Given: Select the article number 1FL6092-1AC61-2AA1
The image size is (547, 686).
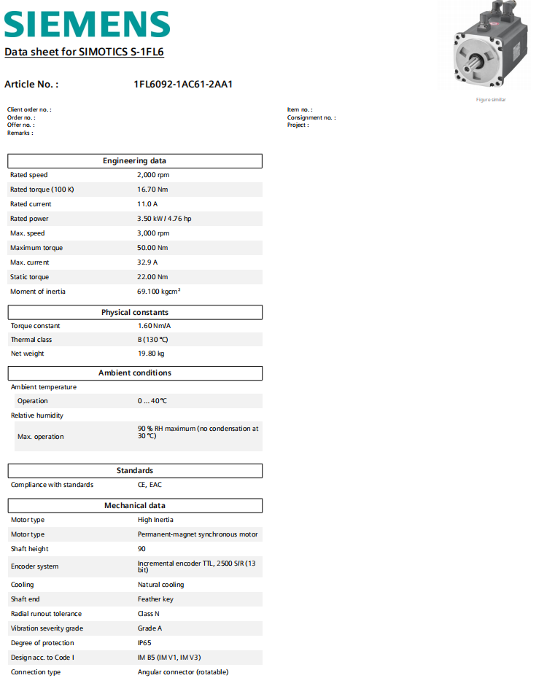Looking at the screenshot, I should pyautogui.click(x=183, y=85).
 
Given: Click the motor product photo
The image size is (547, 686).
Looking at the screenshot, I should pyautogui.click(x=486, y=47).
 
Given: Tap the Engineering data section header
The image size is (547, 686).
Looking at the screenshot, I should pyautogui.click(x=135, y=161).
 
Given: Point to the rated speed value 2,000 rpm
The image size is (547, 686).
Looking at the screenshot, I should pyautogui.click(x=153, y=175).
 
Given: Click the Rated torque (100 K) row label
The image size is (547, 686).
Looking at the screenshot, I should pyautogui.click(x=42, y=190).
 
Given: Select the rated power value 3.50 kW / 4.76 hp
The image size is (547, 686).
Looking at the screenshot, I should pyautogui.click(x=164, y=219).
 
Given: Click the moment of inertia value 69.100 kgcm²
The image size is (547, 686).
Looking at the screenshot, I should pyautogui.click(x=159, y=292).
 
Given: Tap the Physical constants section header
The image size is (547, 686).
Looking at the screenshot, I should pyautogui.click(x=135, y=313).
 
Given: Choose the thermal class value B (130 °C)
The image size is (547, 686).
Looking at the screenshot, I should pyautogui.click(x=153, y=340).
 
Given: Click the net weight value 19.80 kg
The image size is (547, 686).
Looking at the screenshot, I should pyautogui.click(x=151, y=354).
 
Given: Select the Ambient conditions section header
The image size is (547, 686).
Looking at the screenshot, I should pyautogui.click(x=135, y=373).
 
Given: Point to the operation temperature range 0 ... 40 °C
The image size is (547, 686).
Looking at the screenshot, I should pyautogui.click(x=152, y=401).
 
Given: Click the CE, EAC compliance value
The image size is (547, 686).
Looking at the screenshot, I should pyautogui.click(x=150, y=485).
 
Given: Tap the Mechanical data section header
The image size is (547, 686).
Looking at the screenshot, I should pyautogui.click(x=135, y=506).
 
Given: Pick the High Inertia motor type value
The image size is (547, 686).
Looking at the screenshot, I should pyautogui.click(x=155, y=520).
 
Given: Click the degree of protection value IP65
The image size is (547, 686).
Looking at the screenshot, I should pyautogui.click(x=145, y=643).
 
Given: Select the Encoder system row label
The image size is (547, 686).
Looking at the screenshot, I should pyautogui.click(x=34, y=566).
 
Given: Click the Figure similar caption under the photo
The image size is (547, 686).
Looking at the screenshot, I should pyautogui.click(x=491, y=100).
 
